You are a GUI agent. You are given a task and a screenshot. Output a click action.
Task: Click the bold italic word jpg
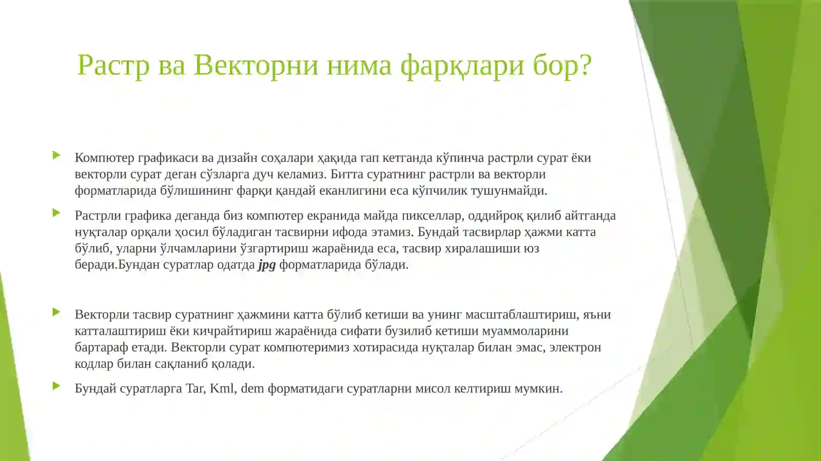coord(267,265)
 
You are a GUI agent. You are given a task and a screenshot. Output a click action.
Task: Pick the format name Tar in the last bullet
coord(194,389)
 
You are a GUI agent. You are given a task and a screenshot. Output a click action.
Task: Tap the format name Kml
coord(222,389)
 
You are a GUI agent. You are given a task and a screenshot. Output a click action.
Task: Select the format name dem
coord(252,389)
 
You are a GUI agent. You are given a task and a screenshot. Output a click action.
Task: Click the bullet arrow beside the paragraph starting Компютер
coord(56,155)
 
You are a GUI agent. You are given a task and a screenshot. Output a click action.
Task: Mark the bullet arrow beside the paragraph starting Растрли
coord(56,213)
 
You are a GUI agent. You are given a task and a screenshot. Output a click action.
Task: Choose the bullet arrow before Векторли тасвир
coord(56,312)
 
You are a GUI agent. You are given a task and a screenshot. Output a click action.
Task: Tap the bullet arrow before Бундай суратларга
coord(56,386)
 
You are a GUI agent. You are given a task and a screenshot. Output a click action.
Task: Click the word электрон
coord(575,348)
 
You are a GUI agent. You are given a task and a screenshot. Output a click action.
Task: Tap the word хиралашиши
coord(482,249)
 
